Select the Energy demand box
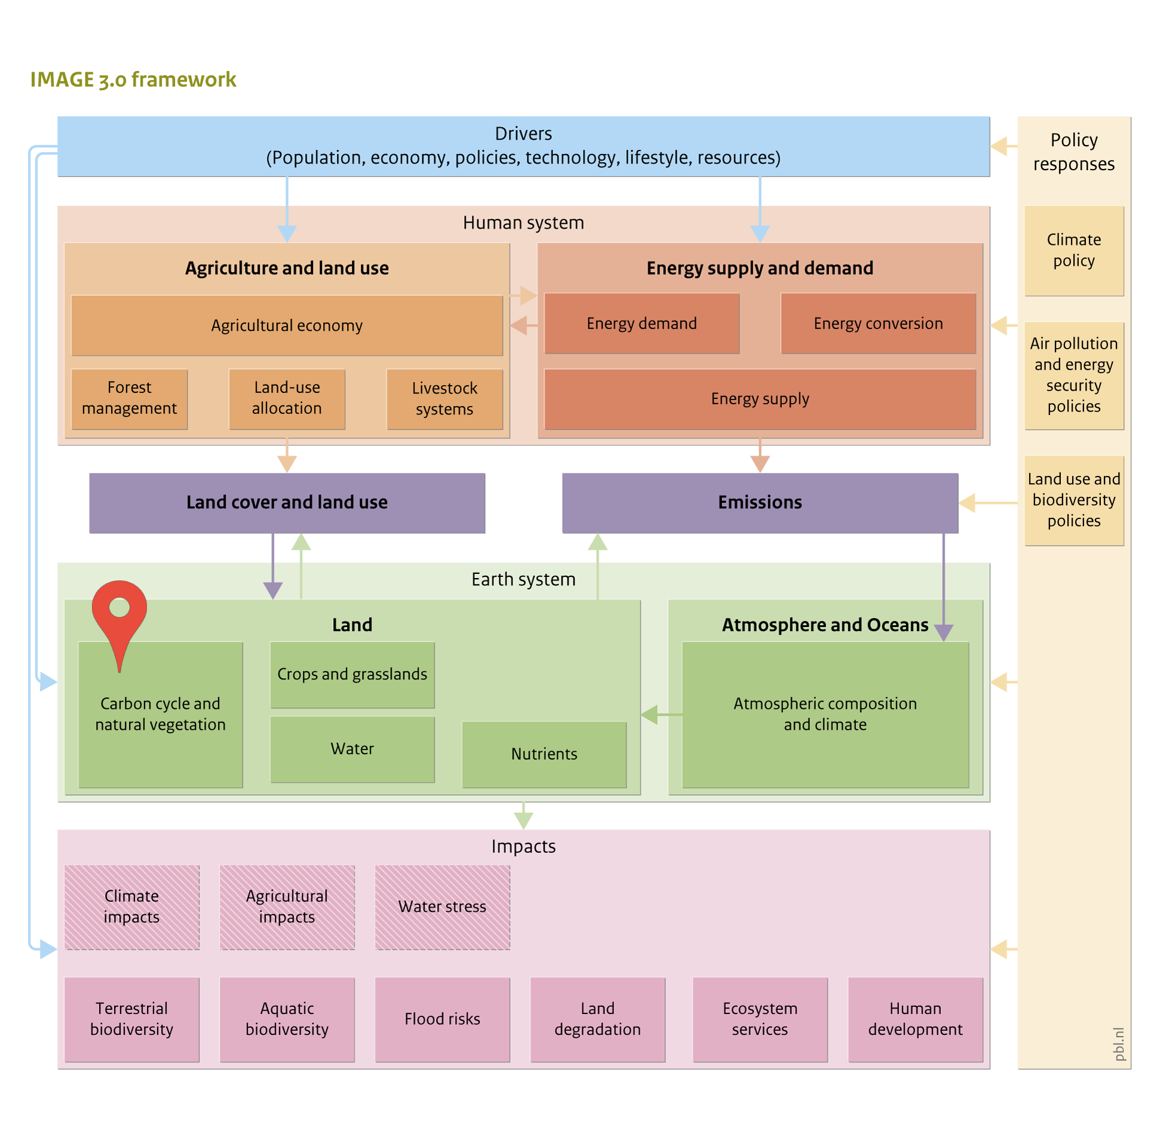coord(642,323)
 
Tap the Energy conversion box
coord(878,323)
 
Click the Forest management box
coord(129,398)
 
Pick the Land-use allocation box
coord(287,398)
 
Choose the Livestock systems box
coord(444,398)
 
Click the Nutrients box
coord(544,754)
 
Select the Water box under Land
coord(352,749)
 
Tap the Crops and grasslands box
coord(352,675)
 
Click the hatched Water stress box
coord(443,906)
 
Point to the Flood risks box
coord(443,1019)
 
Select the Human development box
coord(915,1019)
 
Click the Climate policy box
coord(1074,251)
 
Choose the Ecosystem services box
coord(760,1019)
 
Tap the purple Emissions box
coord(760,503)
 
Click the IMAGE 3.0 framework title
coord(133,79)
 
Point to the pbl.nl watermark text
coord(1119,1044)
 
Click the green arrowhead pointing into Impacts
coord(523,821)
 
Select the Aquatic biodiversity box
coord(287,1019)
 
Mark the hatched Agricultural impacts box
coord(287,906)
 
